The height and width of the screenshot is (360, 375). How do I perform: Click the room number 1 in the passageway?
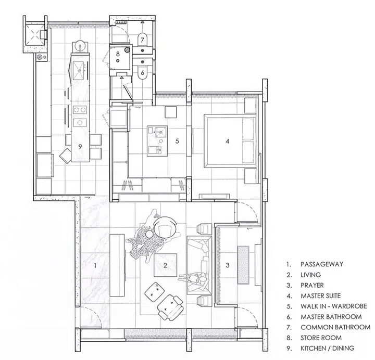coord(95,265)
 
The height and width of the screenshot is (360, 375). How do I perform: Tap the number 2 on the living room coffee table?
coord(165,265)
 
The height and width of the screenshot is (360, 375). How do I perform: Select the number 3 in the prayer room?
coord(228,265)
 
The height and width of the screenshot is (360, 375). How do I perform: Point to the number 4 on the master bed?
coord(228,141)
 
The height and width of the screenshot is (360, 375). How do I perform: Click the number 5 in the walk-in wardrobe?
coord(177,141)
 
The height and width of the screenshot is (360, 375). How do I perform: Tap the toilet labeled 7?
coord(143,39)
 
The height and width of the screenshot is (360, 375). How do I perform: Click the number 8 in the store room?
coord(118,54)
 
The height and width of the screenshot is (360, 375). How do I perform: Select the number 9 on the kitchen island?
coord(80,146)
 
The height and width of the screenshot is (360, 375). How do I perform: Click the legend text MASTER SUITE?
coord(320,295)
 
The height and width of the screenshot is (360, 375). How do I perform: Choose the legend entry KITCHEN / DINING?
coord(328,348)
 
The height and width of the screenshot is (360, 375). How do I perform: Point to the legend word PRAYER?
coord(312,285)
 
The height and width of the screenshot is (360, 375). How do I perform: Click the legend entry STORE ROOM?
coord(321,338)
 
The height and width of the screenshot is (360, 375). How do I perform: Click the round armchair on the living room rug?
coord(165,226)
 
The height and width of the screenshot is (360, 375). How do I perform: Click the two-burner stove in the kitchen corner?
coord(42,57)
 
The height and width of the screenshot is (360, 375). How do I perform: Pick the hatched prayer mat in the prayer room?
coord(243,265)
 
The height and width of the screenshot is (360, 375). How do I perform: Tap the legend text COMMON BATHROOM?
coord(335,327)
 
